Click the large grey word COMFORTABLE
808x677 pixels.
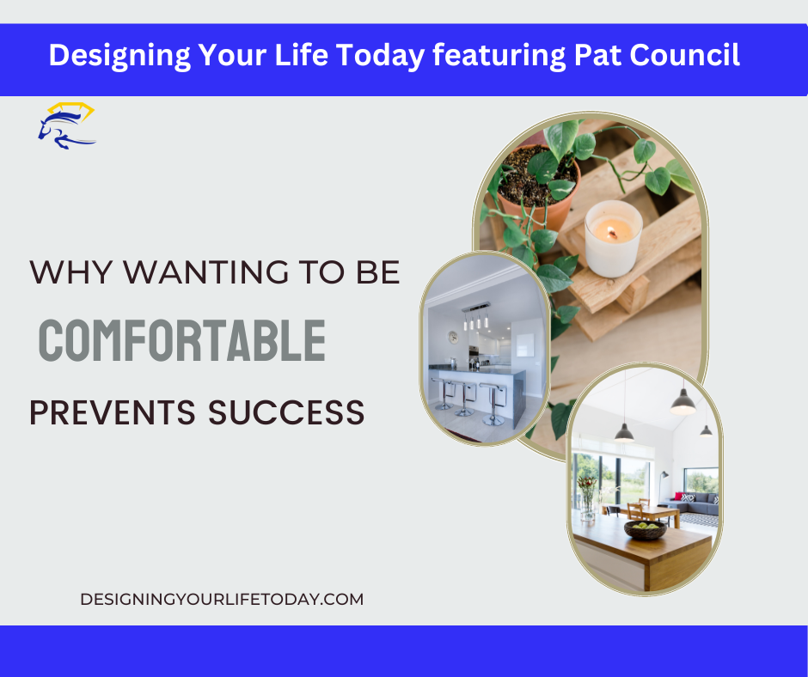pos(182,340)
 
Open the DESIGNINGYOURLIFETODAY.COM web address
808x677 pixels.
pos(222,600)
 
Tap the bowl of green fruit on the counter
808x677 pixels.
pos(645,529)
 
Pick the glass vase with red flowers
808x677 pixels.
pos(587,498)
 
